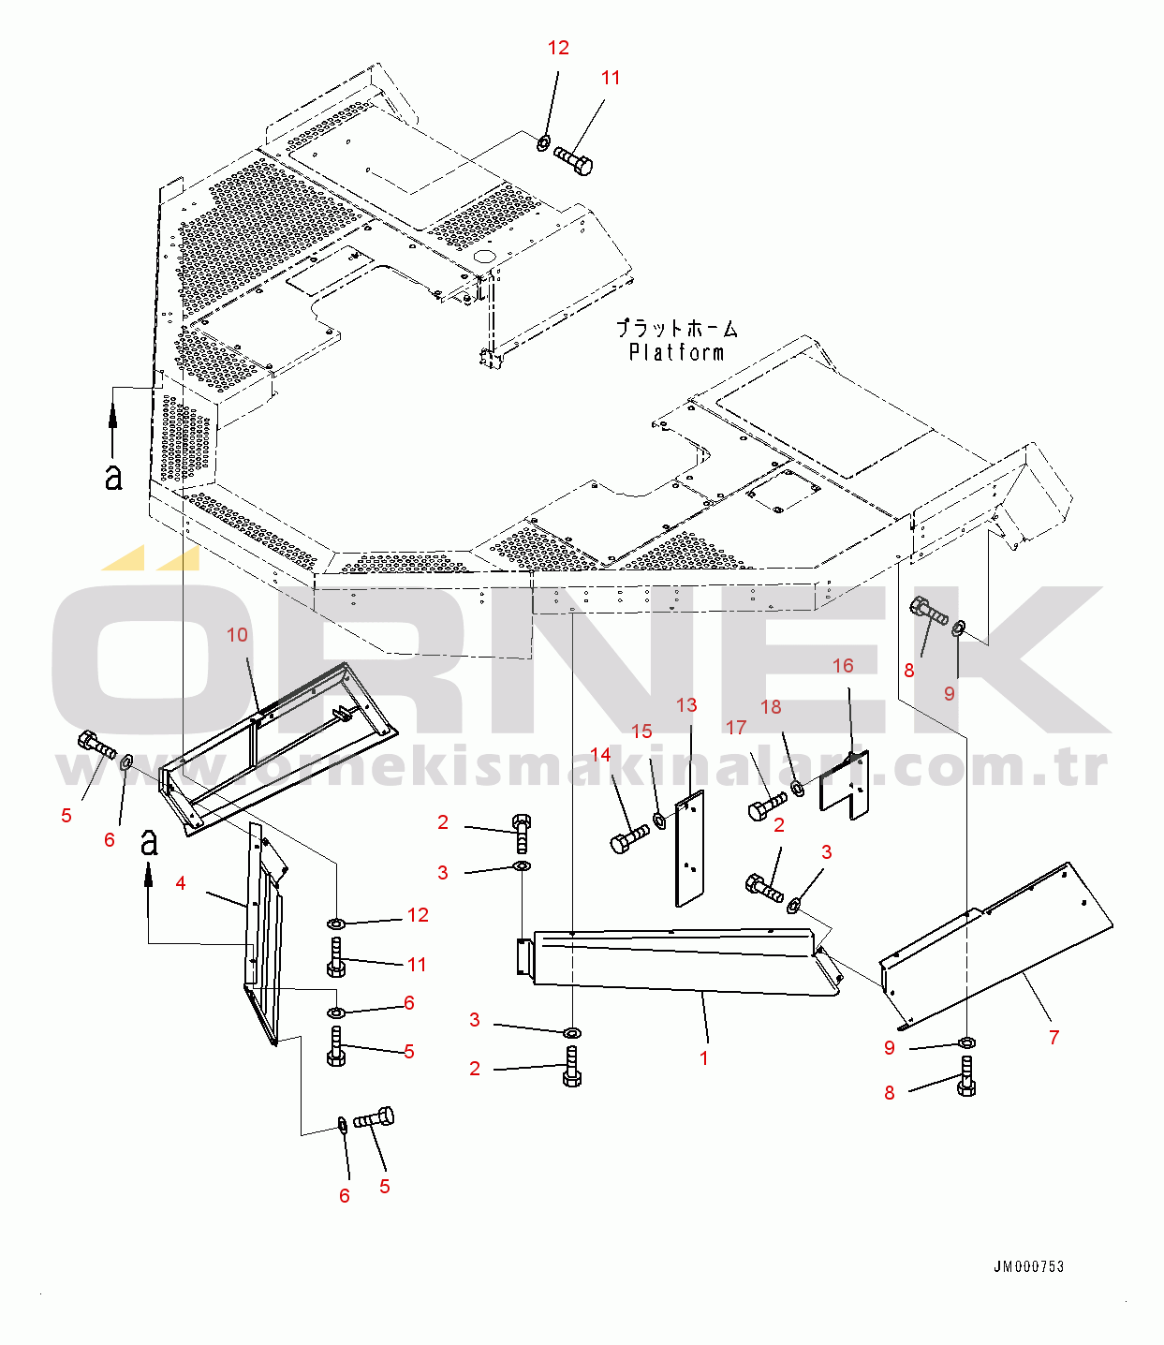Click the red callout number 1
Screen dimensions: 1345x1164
click(x=703, y=1058)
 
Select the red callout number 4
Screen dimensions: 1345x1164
click(x=181, y=883)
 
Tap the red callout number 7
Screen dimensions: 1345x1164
click(x=1053, y=1037)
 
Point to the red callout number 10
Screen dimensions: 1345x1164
click(x=237, y=635)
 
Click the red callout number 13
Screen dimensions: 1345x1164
click(x=686, y=705)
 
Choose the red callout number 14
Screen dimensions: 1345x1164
click(x=600, y=755)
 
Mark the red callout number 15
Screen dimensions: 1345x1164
click(x=641, y=732)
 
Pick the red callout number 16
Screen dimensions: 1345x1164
click(x=843, y=665)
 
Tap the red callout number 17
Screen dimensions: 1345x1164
click(x=736, y=728)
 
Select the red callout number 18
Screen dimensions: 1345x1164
click(x=771, y=707)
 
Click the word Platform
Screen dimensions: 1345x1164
click(x=676, y=353)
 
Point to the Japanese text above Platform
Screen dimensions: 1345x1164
click(x=676, y=329)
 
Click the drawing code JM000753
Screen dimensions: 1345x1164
click(x=1028, y=1266)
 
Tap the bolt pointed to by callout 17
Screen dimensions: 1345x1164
click(x=768, y=806)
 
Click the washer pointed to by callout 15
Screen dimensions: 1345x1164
click(x=659, y=821)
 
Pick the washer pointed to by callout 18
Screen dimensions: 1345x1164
click(x=797, y=789)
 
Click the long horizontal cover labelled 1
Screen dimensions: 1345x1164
click(x=674, y=960)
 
